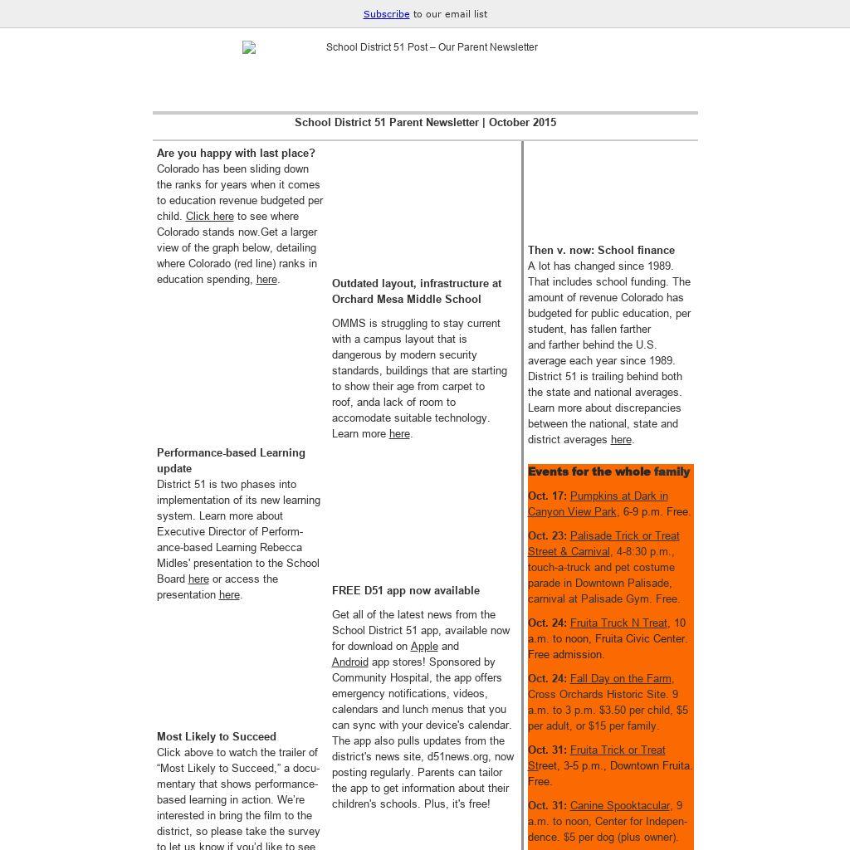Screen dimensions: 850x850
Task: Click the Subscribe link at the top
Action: point(386,14)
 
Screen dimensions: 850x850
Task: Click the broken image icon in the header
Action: point(249,48)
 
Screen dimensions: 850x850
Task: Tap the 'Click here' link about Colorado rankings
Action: point(210,217)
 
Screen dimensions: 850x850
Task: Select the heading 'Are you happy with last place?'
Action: point(236,154)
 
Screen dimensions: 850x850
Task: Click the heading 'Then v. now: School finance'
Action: point(601,251)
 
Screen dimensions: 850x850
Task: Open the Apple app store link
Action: point(424,647)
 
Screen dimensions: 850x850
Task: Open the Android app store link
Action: point(350,662)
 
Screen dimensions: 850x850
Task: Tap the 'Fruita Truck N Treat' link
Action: point(618,623)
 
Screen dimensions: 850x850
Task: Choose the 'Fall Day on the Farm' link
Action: point(621,679)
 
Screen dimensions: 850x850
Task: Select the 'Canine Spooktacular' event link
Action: point(619,806)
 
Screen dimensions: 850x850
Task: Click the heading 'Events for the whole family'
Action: point(608,471)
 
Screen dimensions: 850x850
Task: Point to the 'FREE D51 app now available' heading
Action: point(406,591)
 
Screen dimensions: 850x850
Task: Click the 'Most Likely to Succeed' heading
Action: point(217,737)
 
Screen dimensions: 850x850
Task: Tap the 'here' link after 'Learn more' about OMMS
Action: point(399,434)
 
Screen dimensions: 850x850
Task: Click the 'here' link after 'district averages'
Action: point(621,440)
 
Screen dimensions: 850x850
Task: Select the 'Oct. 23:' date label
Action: point(547,536)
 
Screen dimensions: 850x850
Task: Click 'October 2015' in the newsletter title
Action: point(522,123)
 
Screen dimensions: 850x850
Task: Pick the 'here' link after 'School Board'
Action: point(198,579)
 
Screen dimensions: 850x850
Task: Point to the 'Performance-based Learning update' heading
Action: point(231,461)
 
